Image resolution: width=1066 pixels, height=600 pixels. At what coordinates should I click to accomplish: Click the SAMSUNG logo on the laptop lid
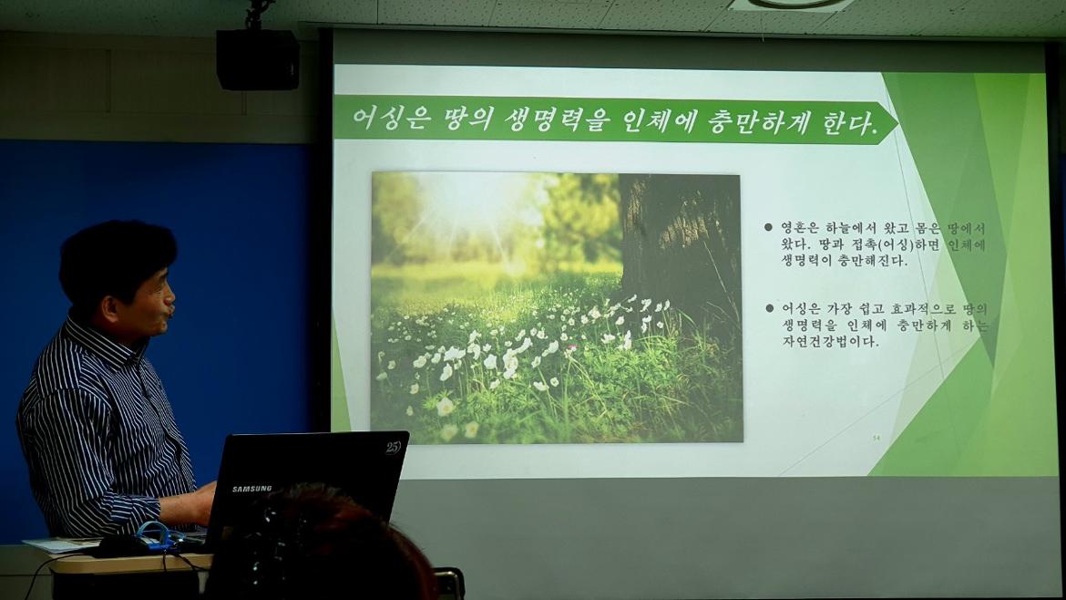pos(251,489)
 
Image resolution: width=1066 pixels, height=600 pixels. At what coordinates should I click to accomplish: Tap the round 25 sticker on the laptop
pos(393,448)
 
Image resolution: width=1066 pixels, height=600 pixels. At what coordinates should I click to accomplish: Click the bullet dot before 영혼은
pos(769,227)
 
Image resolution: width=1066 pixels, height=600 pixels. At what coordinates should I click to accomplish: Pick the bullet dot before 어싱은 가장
pos(769,309)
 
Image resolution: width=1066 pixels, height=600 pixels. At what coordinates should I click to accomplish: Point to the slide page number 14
pos(876,439)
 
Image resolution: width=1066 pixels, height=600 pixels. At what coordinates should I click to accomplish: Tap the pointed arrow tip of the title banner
pos(895,123)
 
